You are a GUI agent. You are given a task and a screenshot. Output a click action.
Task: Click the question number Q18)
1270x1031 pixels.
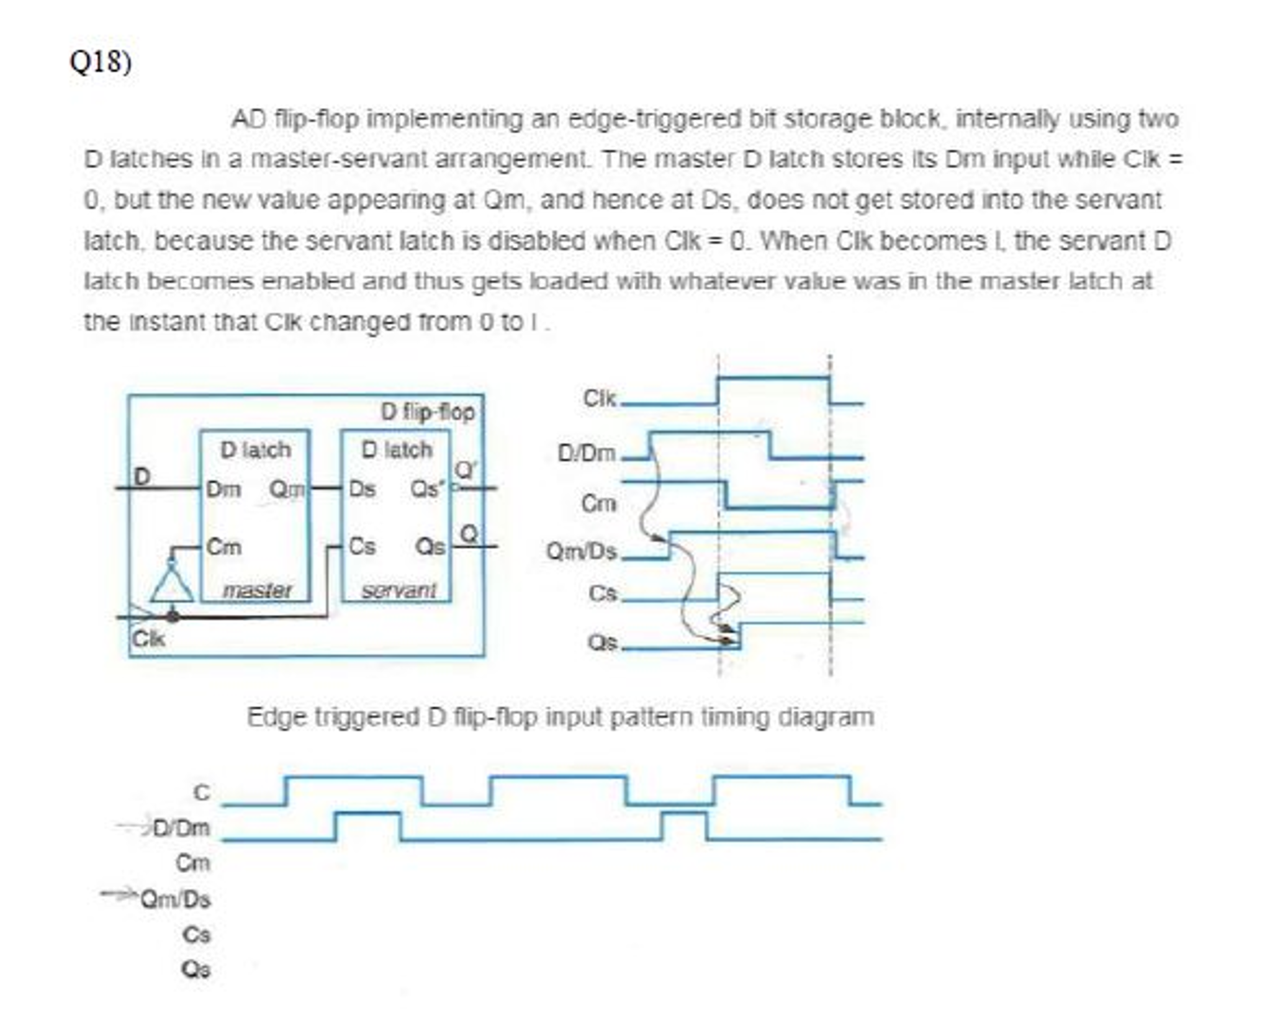coord(100,62)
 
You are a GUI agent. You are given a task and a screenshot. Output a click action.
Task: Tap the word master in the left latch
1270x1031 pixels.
coord(257,590)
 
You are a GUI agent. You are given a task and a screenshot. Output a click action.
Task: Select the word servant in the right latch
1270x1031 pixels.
coord(398,590)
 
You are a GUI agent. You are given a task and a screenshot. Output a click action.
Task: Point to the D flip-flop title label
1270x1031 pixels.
coord(427,412)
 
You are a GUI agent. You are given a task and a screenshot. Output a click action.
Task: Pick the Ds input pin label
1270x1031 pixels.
coord(363,489)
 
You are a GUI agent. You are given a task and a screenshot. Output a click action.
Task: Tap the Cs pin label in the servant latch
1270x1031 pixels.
coord(362,547)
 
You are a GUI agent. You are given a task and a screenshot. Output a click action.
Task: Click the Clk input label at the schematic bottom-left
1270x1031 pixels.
coord(148,638)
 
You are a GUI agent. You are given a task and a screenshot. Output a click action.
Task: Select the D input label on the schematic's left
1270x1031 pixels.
coord(142,477)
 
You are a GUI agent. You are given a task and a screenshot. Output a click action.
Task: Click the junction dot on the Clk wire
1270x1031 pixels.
coord(173,616)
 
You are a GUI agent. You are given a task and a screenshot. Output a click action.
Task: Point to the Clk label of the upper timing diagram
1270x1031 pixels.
coord(599,398)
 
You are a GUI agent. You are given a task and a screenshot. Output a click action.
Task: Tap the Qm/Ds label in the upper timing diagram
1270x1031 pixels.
coord(581,551)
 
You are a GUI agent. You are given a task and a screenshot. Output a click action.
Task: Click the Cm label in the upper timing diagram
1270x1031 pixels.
coord(598,503)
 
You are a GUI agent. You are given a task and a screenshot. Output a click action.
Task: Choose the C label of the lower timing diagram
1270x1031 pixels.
coord(202,793)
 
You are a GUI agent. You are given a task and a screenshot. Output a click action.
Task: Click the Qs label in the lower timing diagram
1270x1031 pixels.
coord(196,969)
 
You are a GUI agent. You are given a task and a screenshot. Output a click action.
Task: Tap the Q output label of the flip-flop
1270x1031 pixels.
coord(470,533)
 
